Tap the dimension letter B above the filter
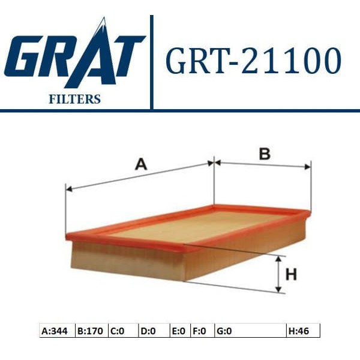(264, 154)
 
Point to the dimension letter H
(292, 275)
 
